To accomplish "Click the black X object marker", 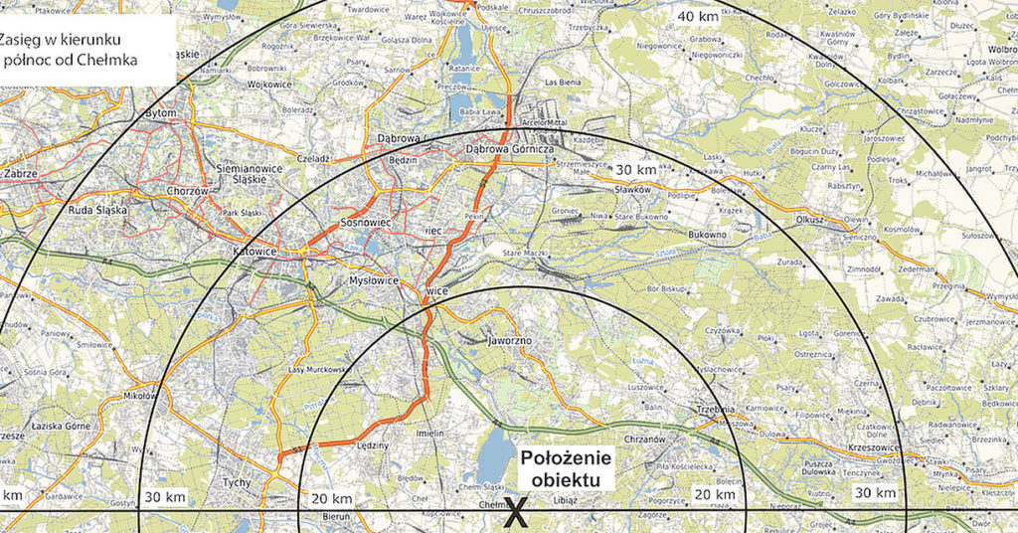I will click(514, 513).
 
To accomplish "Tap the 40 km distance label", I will click(699, 16).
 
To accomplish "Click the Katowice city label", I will click(254, 252).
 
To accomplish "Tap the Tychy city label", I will click(237, 481).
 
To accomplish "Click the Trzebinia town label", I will click(715, 410).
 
